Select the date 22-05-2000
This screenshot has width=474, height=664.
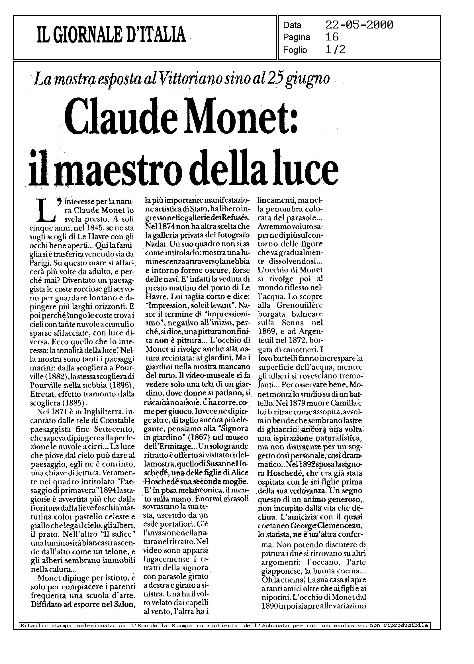pyautogui.click(x=359, y=25)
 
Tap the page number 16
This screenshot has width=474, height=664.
pyautogui.click(x=332, y=37)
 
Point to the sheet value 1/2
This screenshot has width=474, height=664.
pyautogui.click(x=335, y=49)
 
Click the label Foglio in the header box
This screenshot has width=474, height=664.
pyautogui.click(x=295, y=50)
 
